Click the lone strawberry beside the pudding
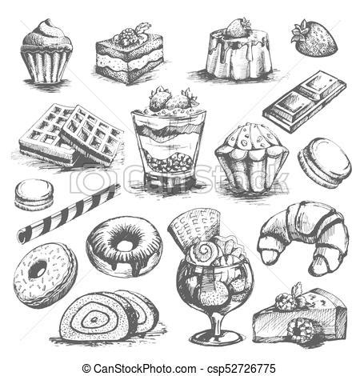[x=314, y=38]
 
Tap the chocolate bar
[x=305, y=102]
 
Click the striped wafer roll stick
[x=69, y=213]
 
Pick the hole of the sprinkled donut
[x=38, y=269]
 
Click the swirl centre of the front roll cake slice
[x=94, y=319]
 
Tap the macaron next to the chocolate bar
[x=325, y=162]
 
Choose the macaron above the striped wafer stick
[x=34, y=194]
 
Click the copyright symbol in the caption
[x=86, y=369]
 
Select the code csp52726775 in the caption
[x=242, y=369]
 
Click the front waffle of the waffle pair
[x=92, y=136]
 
